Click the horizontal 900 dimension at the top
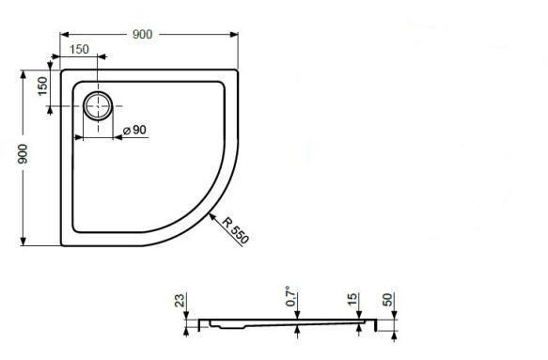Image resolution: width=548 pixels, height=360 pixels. coord(142,34)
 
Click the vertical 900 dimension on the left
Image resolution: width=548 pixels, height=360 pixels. coord(23,154)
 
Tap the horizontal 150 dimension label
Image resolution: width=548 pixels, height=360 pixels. coord(79,49)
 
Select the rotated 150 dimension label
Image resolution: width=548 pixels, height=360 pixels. coord(42,86)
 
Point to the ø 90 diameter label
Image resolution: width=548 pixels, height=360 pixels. coord(135,130)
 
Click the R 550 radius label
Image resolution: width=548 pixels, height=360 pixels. coord(235,230)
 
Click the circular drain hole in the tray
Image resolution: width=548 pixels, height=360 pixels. coord(98,105)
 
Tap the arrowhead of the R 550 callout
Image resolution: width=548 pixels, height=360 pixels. coord(212,216)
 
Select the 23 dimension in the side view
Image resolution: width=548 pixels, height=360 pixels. coord(180,300)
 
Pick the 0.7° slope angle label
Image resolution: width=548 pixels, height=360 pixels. coord(292,296)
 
